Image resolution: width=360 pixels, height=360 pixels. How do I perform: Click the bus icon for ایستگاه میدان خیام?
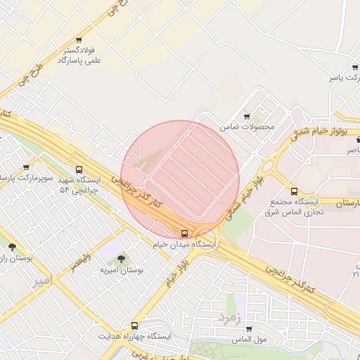pos(184,233)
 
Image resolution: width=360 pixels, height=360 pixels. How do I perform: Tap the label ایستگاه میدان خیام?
pos(184,244)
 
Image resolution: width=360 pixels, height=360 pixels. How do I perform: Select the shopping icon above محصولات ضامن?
pos(247,116)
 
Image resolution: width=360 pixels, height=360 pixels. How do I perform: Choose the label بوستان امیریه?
pos(121,270)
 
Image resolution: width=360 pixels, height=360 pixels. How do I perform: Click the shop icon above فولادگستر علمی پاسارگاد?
pos(78,40)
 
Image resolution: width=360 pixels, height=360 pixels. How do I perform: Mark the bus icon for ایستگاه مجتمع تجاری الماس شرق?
pos(294,191)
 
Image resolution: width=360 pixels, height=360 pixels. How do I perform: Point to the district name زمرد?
pos(229,316)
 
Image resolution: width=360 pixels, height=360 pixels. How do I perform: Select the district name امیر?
pos(42,281)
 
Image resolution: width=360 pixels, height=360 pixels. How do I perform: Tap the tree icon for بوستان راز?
pos(12,247)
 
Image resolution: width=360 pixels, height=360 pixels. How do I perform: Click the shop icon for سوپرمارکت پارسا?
pos(26,167)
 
